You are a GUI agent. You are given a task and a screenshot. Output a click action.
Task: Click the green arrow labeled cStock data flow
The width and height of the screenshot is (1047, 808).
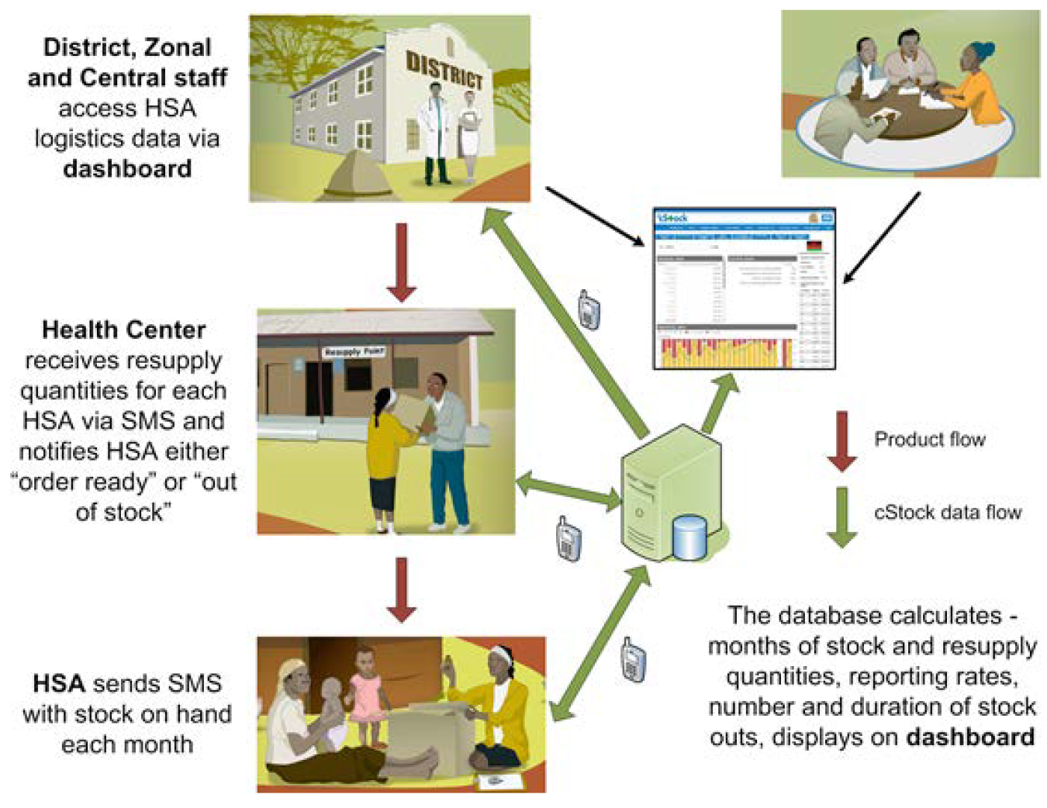841,516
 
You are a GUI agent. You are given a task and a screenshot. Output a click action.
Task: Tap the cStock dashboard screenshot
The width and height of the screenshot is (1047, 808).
744,288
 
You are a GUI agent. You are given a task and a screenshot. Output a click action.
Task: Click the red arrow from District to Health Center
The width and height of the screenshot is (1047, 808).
401,262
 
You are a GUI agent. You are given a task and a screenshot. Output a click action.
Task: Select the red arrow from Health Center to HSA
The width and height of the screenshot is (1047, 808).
401,589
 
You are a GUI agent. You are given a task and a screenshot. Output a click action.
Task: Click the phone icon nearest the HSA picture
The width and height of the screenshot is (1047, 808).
634,660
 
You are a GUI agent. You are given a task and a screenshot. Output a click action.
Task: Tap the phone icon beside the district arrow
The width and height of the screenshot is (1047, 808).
589,309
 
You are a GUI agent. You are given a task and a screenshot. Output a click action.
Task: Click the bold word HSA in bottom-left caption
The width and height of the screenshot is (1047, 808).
58,683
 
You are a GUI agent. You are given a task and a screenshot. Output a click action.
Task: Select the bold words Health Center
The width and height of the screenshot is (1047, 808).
124,330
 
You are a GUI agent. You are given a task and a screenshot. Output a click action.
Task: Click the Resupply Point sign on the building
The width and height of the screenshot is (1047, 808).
354,352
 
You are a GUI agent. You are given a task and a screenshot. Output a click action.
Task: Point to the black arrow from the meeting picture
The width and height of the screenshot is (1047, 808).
882,237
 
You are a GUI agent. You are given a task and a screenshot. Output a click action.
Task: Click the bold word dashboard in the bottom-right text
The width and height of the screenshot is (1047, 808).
970,737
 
